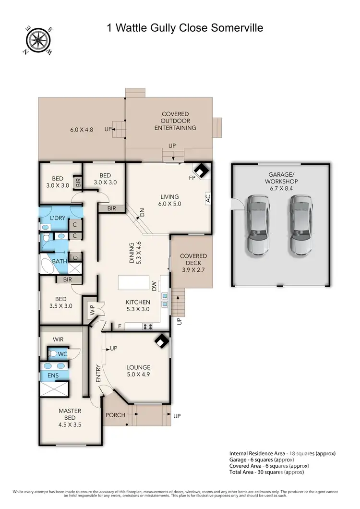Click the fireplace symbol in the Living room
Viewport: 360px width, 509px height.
[x=201, y=170]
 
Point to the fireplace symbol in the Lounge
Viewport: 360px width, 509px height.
[x=161, y=342]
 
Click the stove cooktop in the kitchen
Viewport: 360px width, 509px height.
[x=148, y=327]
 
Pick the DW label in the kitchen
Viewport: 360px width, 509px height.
[x=155, y=286]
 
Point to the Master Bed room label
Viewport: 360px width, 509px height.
[x=70, y=414]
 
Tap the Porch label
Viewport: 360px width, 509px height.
[x=115, y=415]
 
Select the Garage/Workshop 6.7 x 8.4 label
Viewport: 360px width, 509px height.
[x=281, y=182]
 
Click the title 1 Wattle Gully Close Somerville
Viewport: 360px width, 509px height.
[x=185, y=28]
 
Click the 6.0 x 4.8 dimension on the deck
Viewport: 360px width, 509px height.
[x=83, y=129]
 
